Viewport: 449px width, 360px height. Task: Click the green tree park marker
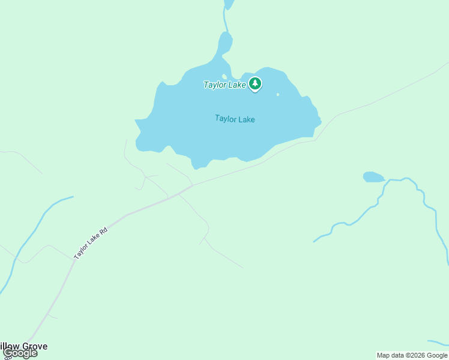[x=256, y=84]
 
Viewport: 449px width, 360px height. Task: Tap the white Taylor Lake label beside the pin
[x=224, y=85]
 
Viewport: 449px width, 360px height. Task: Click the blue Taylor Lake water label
[x=235, y=119]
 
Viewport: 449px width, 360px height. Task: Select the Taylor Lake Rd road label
[x=91, y=243]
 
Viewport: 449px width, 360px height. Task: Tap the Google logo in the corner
[x=20, y=353]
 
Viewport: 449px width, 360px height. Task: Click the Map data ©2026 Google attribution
[x=412, y=355]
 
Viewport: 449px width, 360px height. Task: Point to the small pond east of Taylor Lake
[x=373, y=177]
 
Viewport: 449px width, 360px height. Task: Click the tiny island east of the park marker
[x=277, y=94]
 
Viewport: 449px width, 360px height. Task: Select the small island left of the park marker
[x=224, y=76]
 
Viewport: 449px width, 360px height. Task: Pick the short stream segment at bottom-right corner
[x=438, y=343]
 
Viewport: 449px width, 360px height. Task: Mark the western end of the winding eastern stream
[x=315, y=241]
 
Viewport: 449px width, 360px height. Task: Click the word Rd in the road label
[x=103, y=231]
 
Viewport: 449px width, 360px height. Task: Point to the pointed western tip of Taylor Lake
[x=137, y=122]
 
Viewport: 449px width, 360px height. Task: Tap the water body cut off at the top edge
[x=228, y=4]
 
